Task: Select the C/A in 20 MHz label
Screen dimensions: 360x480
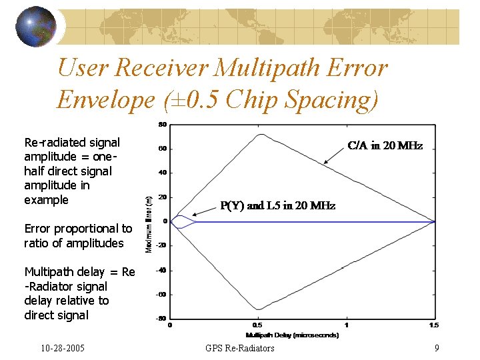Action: tap(385, 145)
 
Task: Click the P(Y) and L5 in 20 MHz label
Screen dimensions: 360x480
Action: tap(277, 206)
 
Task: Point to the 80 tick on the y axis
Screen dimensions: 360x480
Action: tap(162, 124)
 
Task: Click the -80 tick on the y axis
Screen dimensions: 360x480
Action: tap(161, 319)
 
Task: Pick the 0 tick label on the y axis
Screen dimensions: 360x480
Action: tap(164, 221)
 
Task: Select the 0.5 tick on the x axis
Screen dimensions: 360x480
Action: tap(257, 325)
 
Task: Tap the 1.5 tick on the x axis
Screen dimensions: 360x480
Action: tap(434, 325)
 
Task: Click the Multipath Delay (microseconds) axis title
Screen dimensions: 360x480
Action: tap(292, 335)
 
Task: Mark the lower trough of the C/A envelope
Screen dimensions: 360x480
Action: tap(257, 309)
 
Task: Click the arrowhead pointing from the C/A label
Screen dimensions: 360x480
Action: tap(325, 162)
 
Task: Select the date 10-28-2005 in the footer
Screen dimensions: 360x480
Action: tap(62, 348)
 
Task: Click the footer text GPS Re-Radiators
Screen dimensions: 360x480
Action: tap(240, 348)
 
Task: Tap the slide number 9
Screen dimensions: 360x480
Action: tap(436, 348)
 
